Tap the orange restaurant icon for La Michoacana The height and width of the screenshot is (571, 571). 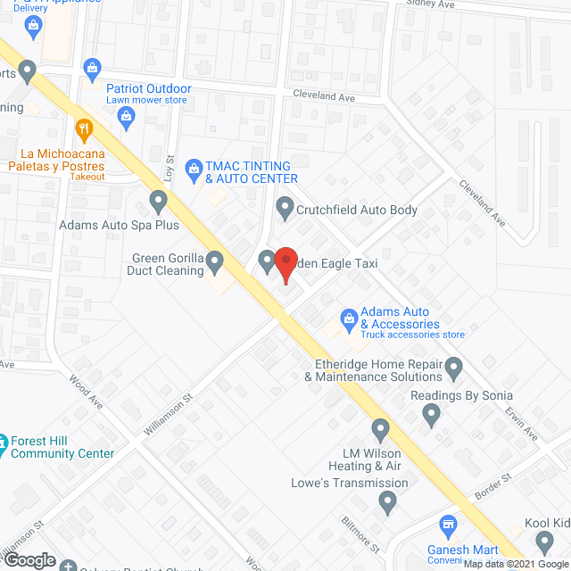(85, 129)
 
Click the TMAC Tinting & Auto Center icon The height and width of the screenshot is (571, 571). (194, 167)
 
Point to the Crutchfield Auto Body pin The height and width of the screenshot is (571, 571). (285, 210)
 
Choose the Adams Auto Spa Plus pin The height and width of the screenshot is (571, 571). (158, 201)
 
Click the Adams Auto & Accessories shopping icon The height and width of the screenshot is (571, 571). (349, 317)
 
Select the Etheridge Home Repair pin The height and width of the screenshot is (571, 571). (454, 367)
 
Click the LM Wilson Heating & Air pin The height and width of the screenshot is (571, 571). (381, 429)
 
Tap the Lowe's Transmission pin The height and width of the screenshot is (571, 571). (387, 504)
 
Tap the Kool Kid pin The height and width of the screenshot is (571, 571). (545, 540)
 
